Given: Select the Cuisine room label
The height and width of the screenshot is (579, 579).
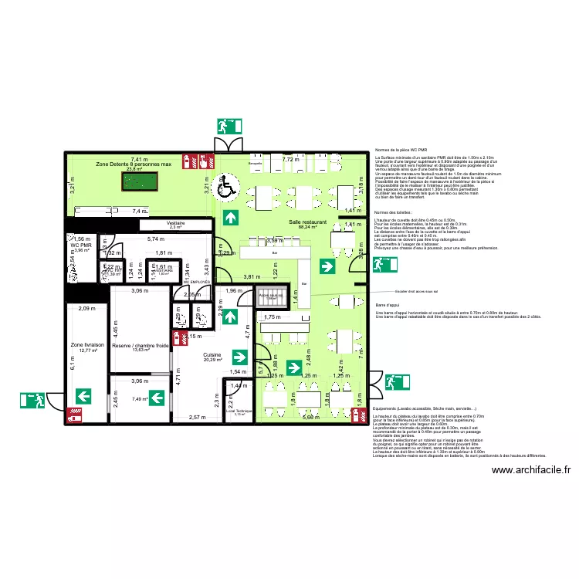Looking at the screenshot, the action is [x=212, y=355].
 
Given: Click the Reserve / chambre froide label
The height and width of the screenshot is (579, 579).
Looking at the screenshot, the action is [x=140, y=346].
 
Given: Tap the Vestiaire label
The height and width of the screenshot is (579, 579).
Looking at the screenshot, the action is [x=174, y=222].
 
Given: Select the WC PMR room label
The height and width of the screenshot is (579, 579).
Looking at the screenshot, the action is [x=81, y=245].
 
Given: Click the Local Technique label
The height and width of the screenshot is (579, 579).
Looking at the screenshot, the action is [x=239, y=411].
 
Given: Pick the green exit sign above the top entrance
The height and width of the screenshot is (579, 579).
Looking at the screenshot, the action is [x=229, y=127].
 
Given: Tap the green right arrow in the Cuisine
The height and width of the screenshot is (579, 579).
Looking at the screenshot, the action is [x=239, y=357].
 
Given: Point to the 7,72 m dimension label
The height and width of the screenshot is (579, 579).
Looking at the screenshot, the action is [x=289, y=159].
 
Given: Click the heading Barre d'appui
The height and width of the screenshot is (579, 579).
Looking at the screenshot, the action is [x=388, y=305].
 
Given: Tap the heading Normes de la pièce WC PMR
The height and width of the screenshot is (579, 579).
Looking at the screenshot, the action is [x=401, y=149].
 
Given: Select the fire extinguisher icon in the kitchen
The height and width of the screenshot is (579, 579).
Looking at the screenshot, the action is [x=179, y=337].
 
